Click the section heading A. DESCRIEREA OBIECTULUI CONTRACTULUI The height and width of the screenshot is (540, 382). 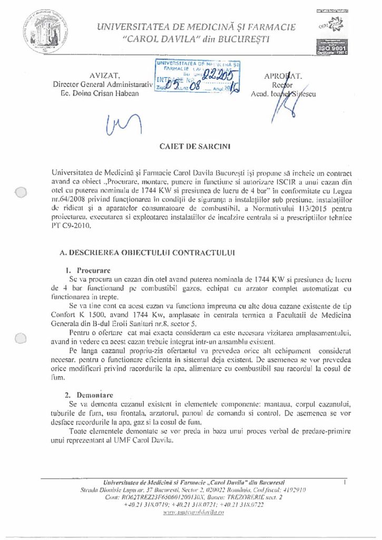pos(148,252)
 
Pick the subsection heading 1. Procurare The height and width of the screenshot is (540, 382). pos(87,269)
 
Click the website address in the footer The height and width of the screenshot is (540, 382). pos(194,512)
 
